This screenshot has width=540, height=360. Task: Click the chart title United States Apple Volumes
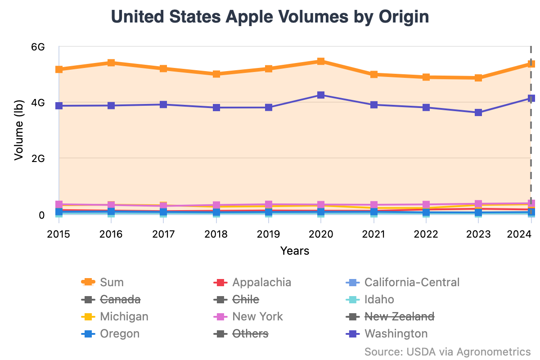[x=270, y=17]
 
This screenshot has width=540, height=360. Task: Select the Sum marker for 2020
[x=321, y=61]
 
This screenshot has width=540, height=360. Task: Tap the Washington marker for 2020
[x=321, y=95]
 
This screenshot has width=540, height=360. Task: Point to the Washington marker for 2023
[x=478, y=112]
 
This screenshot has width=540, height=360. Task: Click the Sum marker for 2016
[x=111, y=63]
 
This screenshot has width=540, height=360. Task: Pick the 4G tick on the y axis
[x=39, y=103]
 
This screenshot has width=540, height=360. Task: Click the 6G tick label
[x=39, y=47]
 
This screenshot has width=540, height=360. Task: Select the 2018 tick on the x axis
[x=216, y=234]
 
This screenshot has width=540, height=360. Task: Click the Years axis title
[x=295, y=251]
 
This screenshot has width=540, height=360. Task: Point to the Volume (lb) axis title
[x=18, y=130]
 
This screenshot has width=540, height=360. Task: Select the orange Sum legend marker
[x=88, y=282]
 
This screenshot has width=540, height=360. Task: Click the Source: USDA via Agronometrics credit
[x=447, y=351]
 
